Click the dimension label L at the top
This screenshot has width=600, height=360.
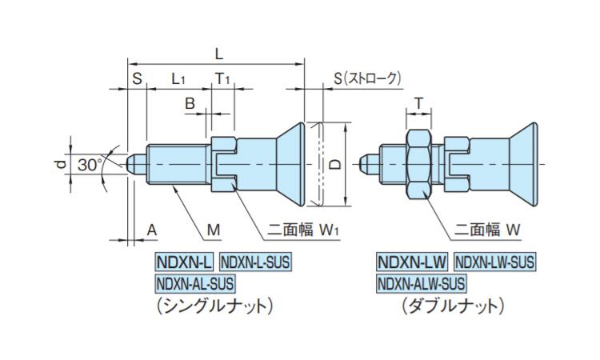tap(218, 52)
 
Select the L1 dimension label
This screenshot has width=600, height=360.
tap(178, 78)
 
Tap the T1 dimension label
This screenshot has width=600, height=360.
tap(222, 78)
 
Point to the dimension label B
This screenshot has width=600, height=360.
tap(190, 103)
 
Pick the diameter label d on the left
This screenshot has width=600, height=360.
tap(59, 165)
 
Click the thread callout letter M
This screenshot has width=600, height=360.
tap(213, 230)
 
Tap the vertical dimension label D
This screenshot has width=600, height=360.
tap(336, 164)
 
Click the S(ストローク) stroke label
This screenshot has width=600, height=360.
tap(367, 78)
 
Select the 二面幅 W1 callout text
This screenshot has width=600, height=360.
tap(304, 230)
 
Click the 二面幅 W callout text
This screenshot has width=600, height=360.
tap(489, 230)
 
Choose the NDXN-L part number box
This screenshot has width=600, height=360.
tap(184, 262)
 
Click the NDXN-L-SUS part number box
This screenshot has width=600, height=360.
tap(256, 262)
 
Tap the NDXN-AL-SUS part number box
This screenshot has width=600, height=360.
tap(195, 282)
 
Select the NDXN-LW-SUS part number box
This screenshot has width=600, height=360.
tap(494, 262)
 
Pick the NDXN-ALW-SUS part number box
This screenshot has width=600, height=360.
tap(421, 282)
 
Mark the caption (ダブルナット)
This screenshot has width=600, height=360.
tap(454, 305)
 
